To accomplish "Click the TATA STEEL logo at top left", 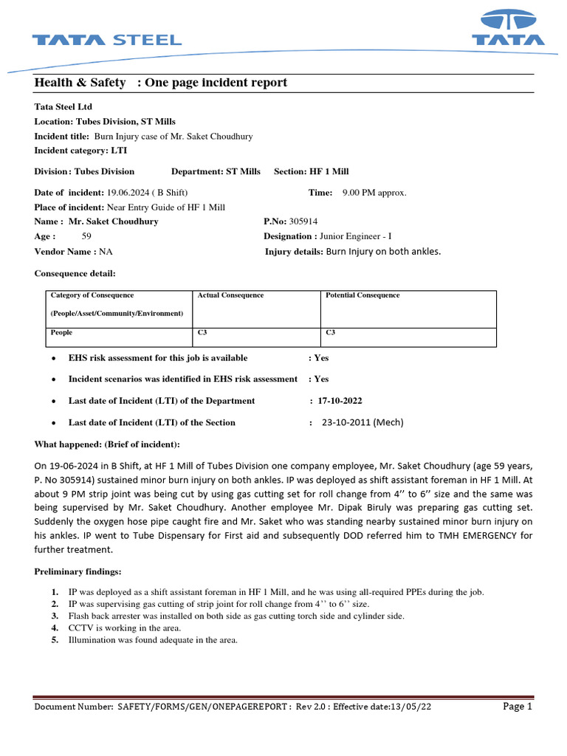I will coord(106,40).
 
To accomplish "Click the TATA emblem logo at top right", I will coord(509,30).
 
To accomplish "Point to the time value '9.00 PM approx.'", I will coord(374,193).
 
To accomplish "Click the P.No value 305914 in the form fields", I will coord(303,221).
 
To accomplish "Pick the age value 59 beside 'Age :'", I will coord(86,236).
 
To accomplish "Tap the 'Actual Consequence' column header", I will coord(230,295).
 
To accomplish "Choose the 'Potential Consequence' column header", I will coord(362,295).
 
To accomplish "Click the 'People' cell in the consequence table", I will coord(61,332).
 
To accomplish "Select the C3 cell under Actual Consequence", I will coord(202,332).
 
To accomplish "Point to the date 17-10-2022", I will coord(340,401).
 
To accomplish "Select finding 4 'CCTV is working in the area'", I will coord(125,628).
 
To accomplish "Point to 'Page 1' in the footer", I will coord(518,707).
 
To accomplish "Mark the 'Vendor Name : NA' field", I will coord(74,252).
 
